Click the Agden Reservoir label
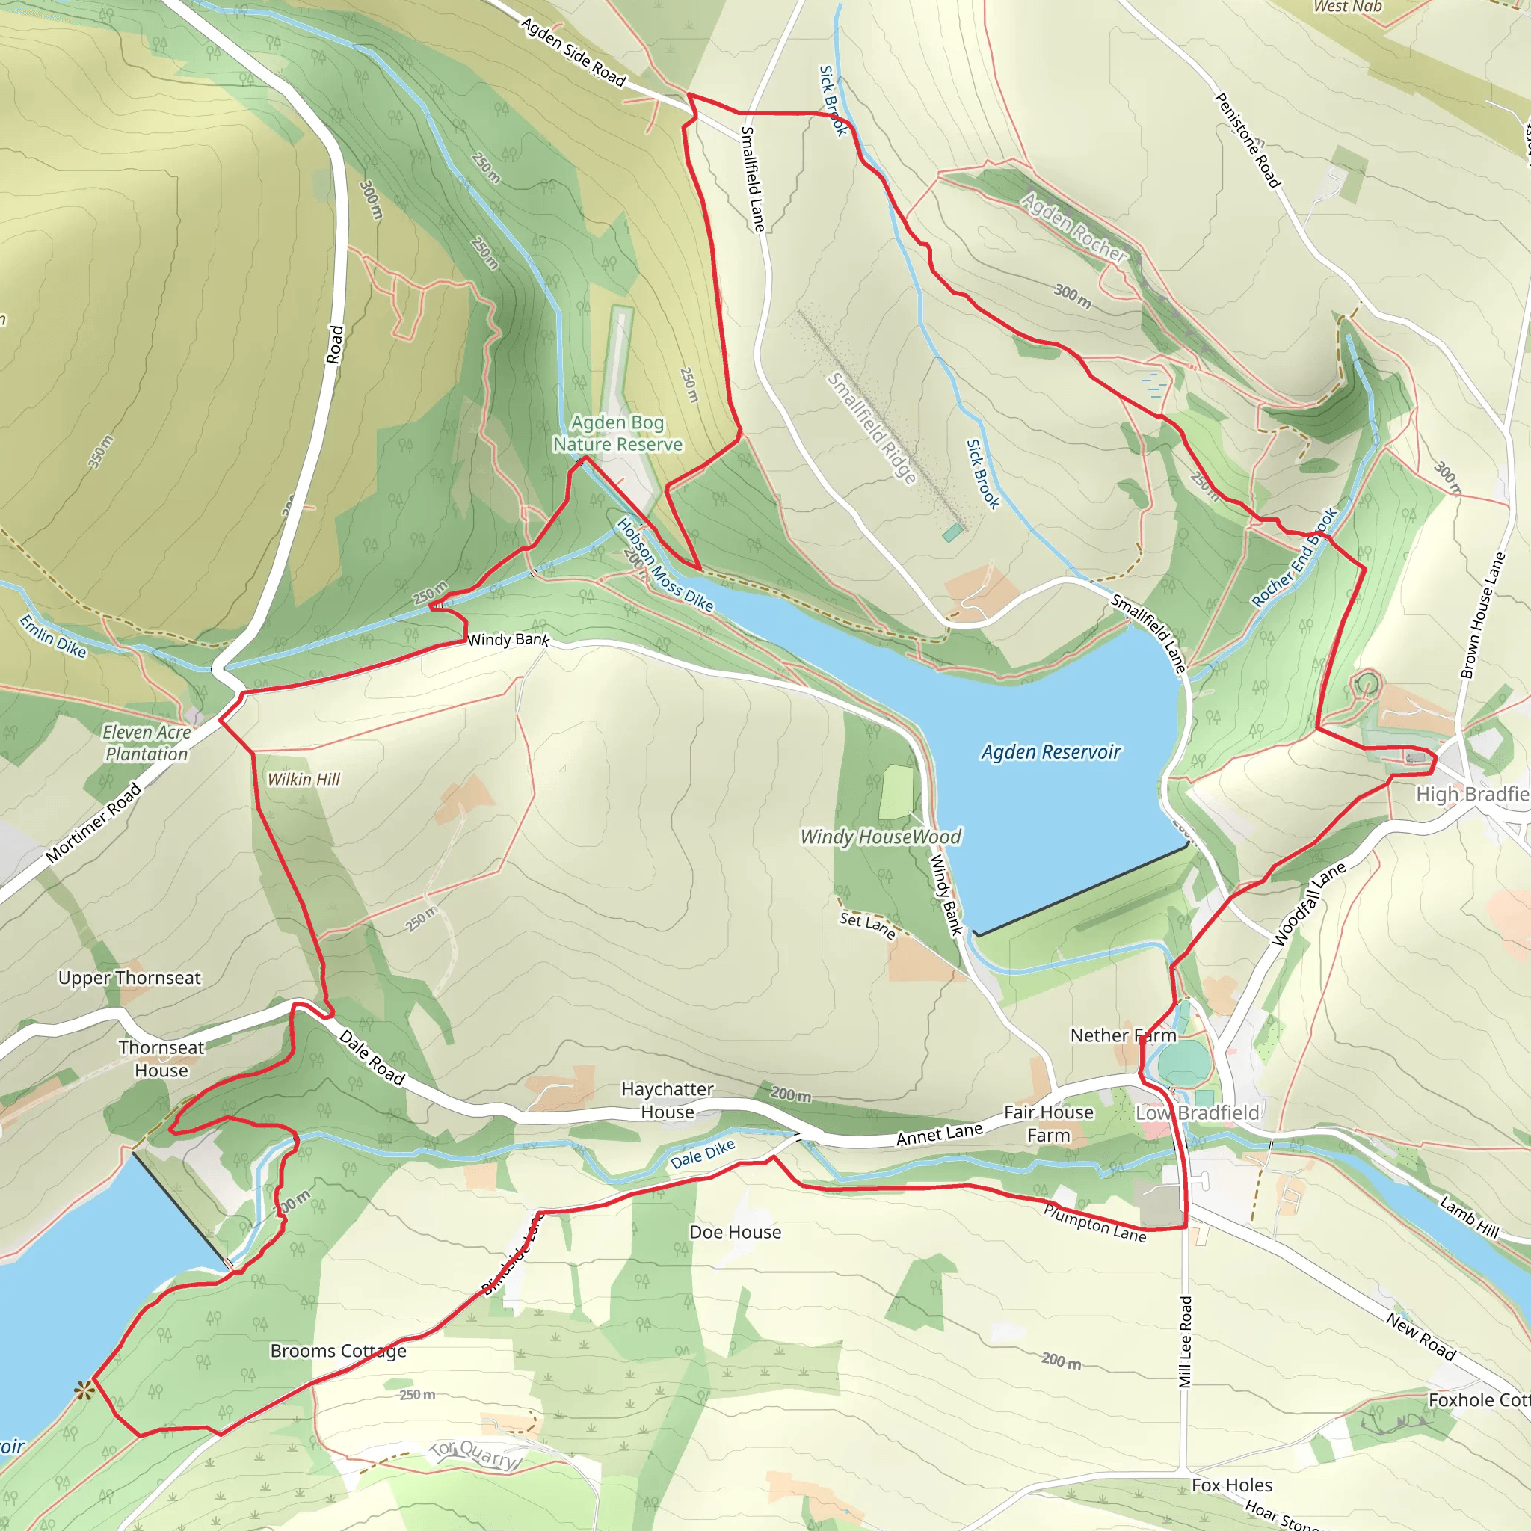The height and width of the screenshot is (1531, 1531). pyautogui.click(x=1051, y=751)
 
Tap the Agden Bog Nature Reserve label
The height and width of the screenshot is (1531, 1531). pyautogui.click(x=617, y=434)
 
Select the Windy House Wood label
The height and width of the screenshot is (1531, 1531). pyautogui.click(x=881, y=837)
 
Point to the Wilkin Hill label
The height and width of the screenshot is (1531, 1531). pyautogui.click(x=304, y=780)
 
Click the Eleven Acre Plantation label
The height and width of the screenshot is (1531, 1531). pyautogui.click(x=147, y=742)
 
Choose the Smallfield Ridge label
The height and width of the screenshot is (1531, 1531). pyautogui.click(x=872, y=428)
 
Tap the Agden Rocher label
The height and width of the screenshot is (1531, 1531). pyautogui.click(x=1073, y=227)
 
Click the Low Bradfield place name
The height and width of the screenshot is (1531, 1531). pyautogui.click(x=1197, y=1112)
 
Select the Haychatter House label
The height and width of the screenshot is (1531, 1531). pyautogui.click(x=668, y=1100)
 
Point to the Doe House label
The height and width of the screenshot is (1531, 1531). pyautogui.click(x=735, y=1232)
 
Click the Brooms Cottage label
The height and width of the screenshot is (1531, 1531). pyautogui.click(x=339, y=1350)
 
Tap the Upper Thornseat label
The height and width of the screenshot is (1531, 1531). pyautogui.click(x=129, y=978)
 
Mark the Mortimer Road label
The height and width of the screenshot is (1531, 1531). pyautogui.click(x=93, y=822)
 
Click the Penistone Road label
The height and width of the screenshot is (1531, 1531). pyautogui.click(x=1248, y=141)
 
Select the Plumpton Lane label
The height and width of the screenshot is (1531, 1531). pyautogui.click(x=1094, y=1224)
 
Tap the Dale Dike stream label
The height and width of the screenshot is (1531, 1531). pyautogui.click(x=702, y=1154)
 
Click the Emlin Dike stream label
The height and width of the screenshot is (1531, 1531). pyautogui.click(x=52, y=635)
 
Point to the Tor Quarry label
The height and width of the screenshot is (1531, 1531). pyautogui.click(x=475, y=1454)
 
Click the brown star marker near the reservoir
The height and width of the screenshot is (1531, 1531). pyautogui.click(x=83, y=1390)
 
